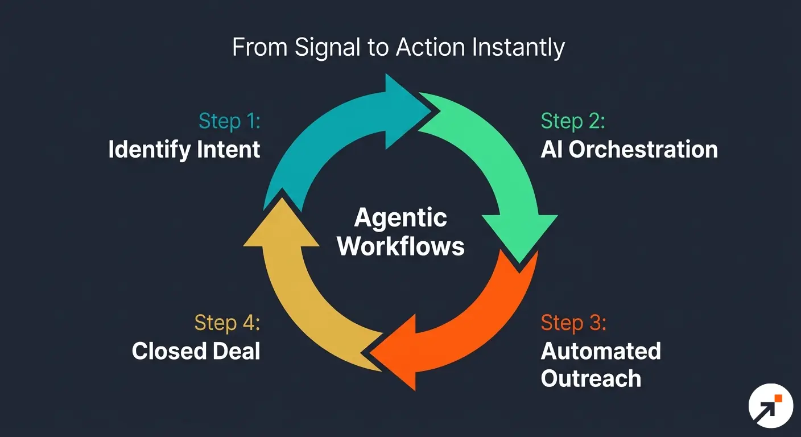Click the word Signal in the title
[x=327, y=48]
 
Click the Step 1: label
[x=229, y=121]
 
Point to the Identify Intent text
[x=184, y=150]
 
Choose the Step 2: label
[x=573, y=121]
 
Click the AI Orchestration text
[x=629, y=150]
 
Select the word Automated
[x=601, y=351]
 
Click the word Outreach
[x=591, y=378]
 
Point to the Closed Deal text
[x=196, y=351]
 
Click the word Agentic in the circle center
[x=400, y=218]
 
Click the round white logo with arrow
[x=770, y=406]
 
